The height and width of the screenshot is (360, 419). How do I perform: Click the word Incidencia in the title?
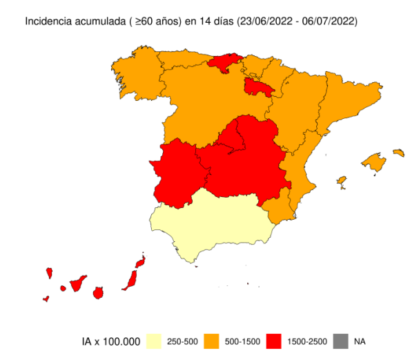tap(49, 21)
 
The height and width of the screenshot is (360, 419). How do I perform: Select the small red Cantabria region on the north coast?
tap(223, 63)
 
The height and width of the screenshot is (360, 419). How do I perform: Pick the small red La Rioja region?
tap(258, 87)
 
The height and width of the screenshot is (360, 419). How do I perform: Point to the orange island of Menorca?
tap(398, 152)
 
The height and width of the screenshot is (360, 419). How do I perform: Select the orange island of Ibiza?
tap(341, 182)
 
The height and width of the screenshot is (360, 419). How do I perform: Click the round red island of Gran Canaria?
tap(98, 292)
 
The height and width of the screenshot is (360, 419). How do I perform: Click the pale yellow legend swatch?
tap(155, 341)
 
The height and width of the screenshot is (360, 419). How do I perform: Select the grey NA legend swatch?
tap(341, 341)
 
